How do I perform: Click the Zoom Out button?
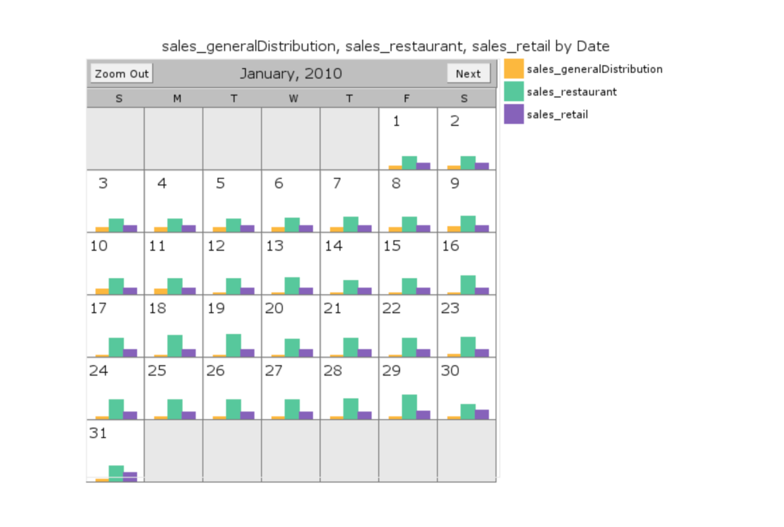(121, 74)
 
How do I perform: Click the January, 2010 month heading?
(290, 74)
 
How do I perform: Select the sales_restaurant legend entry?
(571, 92)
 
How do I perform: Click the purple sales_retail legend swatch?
(514, 114)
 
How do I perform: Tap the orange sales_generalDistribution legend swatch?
(514, 69)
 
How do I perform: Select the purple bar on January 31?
(130, 477)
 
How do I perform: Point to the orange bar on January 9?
(454, 229)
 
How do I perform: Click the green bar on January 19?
(233, 345)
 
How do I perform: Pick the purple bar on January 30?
(482, 414)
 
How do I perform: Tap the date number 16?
(450, 246)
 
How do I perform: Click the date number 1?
(396, 121)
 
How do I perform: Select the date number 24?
(99, 371)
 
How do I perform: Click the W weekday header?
(293, 99)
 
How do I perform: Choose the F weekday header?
(407, 99)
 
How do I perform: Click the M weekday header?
(176, 99)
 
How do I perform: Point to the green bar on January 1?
(409, 162)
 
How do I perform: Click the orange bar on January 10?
(102, 292)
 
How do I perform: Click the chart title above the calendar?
(385, 47)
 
